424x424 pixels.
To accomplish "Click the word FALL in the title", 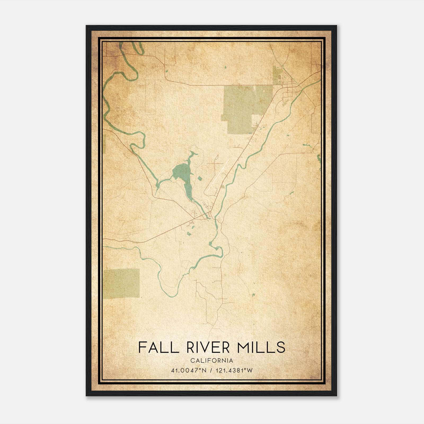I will coord(158,347).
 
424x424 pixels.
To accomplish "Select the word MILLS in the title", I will coord(261,347).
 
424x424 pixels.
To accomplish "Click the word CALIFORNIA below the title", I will coord(212,361).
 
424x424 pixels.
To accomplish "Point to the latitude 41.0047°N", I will coord(189,370).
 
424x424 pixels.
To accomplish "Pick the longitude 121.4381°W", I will coord(234,370).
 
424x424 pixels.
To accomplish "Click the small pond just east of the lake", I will coord(200,179).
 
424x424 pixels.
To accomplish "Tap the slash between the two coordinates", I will coord(211,370).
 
